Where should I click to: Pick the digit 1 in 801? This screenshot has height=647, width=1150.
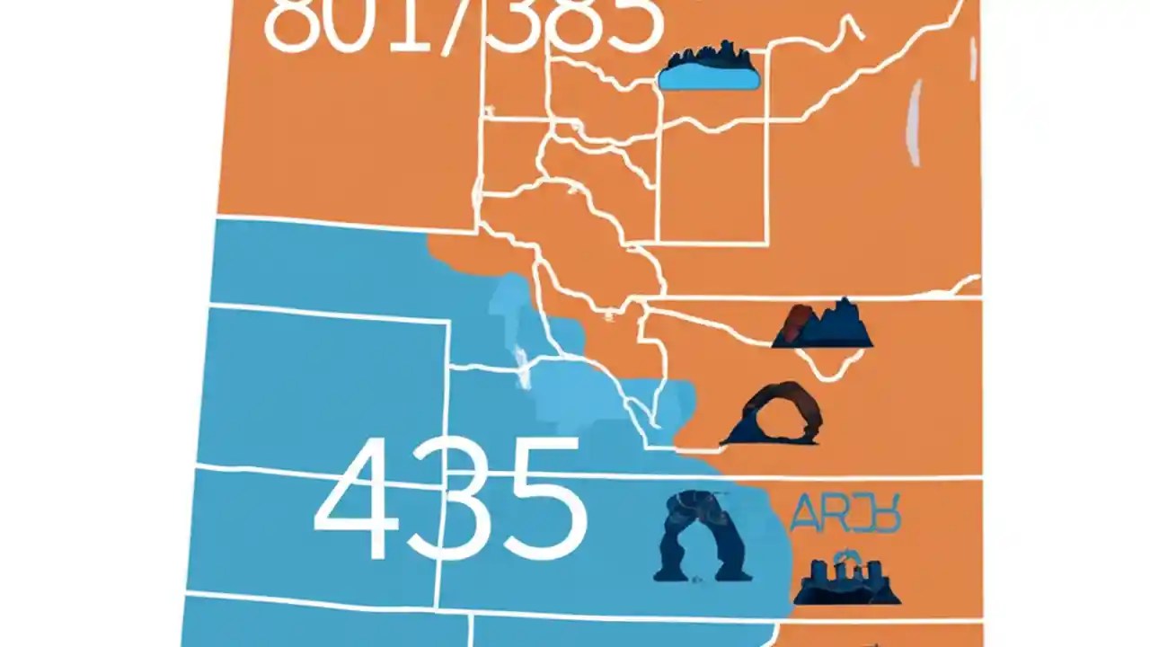coord(409,22)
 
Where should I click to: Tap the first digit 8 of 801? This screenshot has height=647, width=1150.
coord(292,22)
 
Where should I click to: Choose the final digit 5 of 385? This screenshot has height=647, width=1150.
coord(629,22)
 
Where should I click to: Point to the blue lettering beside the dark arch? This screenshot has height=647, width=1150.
coord(845,515)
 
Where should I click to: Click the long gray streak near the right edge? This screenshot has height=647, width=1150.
coord(916,124)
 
